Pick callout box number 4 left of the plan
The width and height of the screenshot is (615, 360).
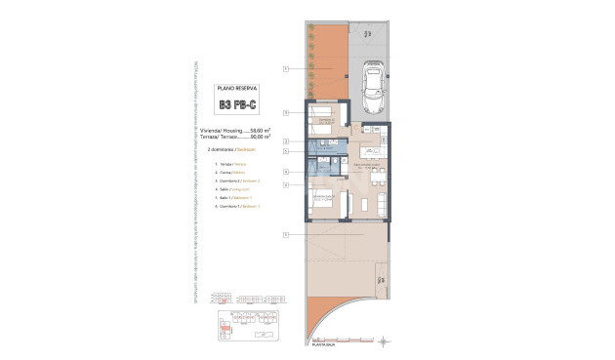coord(286,173)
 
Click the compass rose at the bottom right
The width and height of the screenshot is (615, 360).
coord(388,340)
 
